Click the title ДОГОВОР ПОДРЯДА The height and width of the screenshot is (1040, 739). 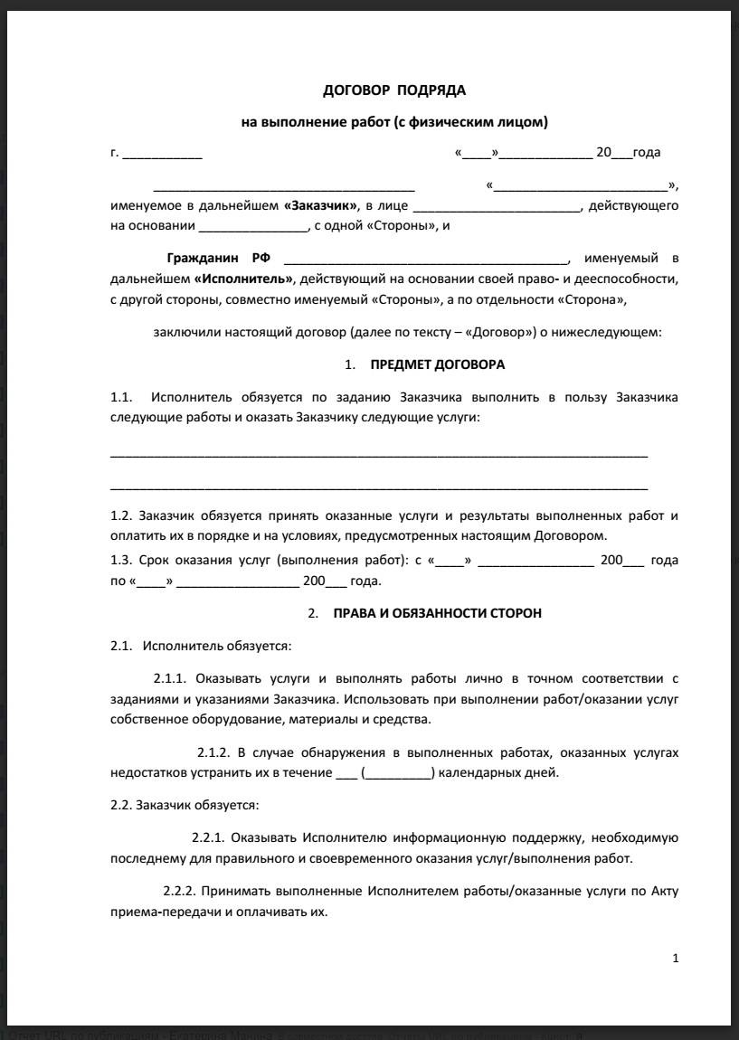(x=394, y=90)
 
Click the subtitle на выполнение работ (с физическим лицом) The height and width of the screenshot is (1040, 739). (x=394, y=121)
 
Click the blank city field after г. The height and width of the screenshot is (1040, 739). (x=162, y=154)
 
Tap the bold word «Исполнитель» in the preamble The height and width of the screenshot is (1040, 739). (x=243, y=279)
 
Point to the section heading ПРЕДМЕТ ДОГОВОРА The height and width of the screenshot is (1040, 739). (x=438, y=365)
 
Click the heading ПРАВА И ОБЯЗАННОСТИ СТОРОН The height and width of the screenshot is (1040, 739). (x=438, y=613)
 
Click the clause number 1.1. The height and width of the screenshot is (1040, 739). (x=121, y=397)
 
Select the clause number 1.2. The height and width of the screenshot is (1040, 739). (x=121, y=515)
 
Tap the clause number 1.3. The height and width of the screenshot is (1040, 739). (x=121, y=561)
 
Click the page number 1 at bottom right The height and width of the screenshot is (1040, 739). (x=675, y=959)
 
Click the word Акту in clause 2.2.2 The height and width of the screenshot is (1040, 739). (x=664, y=892)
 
